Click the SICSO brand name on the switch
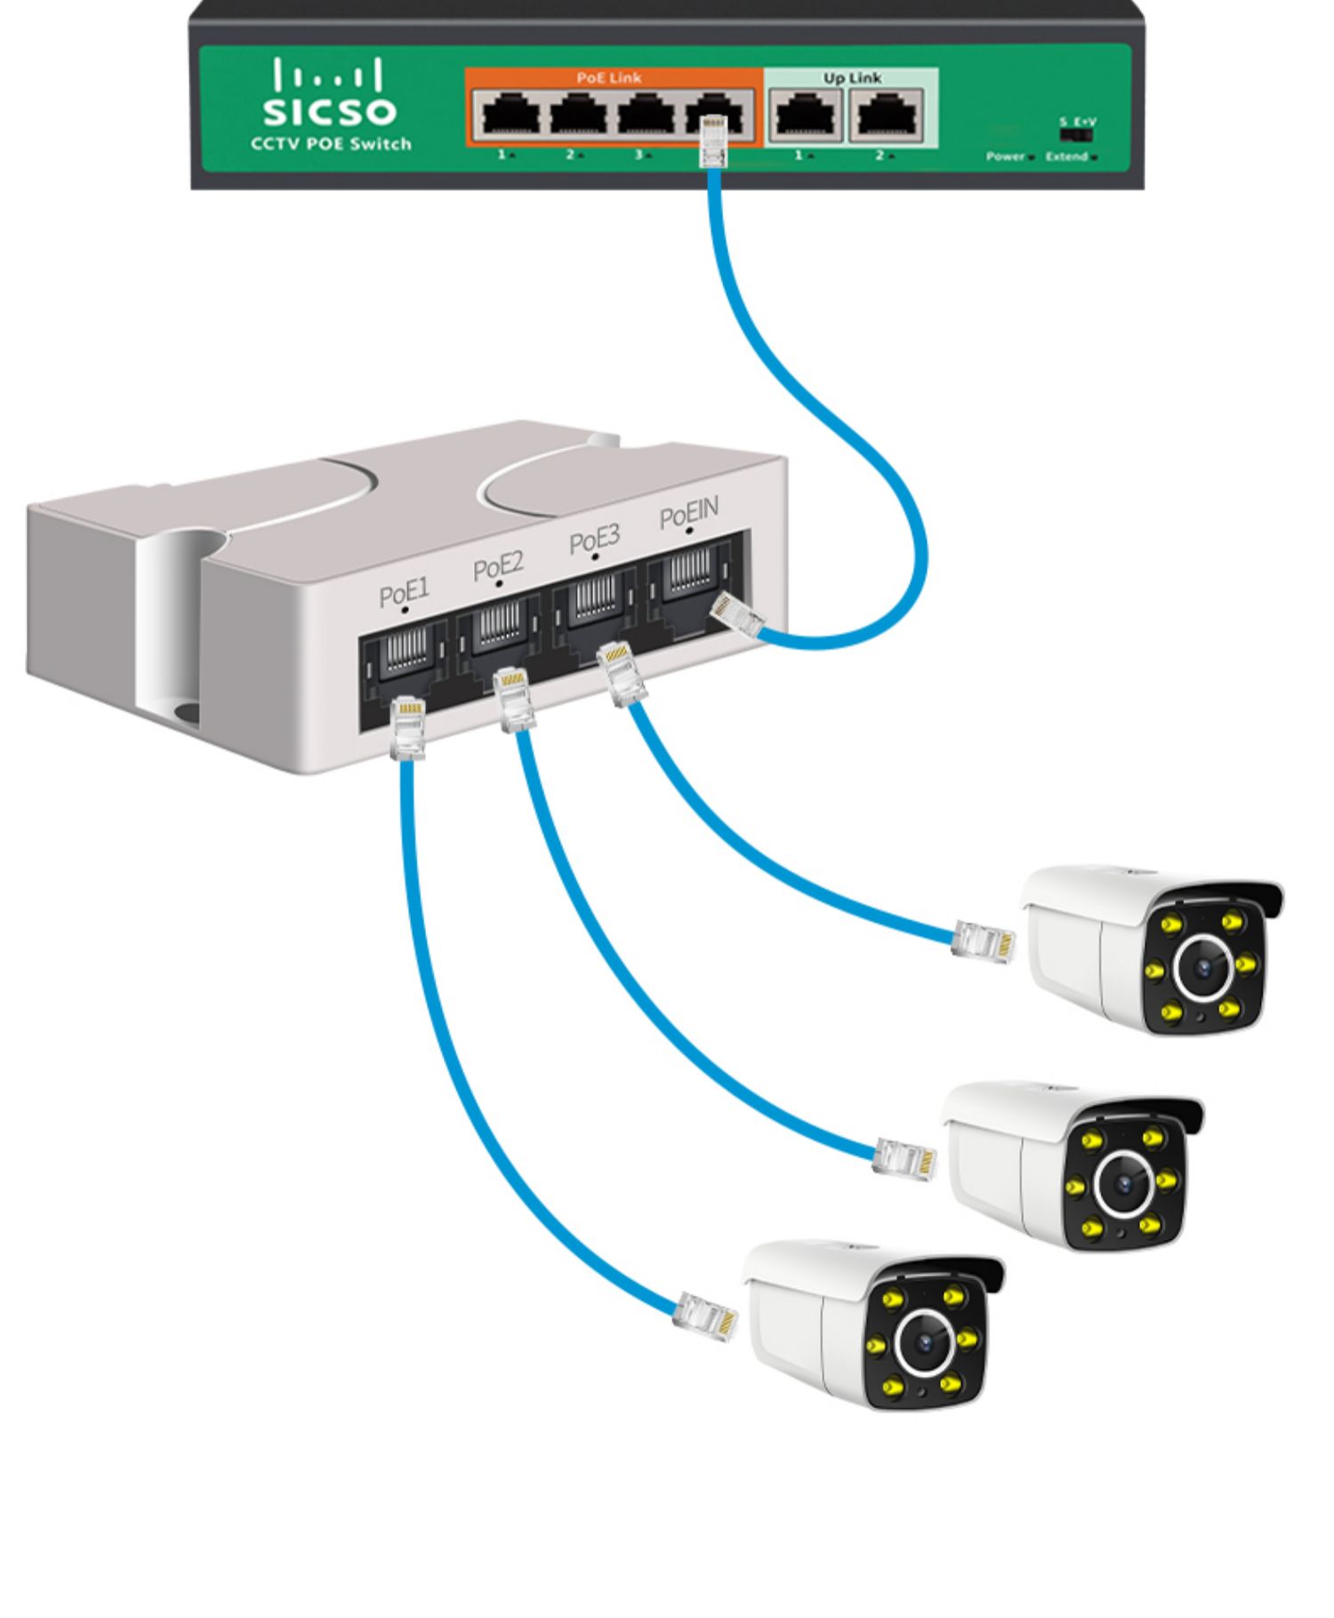click(330, 111)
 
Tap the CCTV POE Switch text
click(331, 144)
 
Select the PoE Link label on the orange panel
click(608, 78)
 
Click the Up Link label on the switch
click(851, 78)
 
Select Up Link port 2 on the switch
click(886, 116)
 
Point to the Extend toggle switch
click(1075, 136)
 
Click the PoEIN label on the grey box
click(688, 513)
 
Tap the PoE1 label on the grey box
click(404, 592)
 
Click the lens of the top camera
click(1205, 966)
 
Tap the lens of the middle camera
click(1125, 1183)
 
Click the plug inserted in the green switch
click(713, 142)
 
